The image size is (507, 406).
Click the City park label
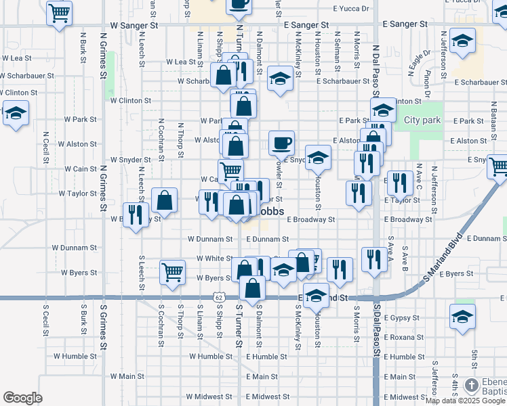(x=422, y=120)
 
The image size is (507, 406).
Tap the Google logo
(x=22, y=398)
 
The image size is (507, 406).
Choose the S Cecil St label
(x=45, y=317)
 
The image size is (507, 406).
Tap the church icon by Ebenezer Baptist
(x=472, y=386)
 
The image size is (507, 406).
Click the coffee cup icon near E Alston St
(x=281, y=142)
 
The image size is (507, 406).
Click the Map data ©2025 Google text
(x=465, y=401)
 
